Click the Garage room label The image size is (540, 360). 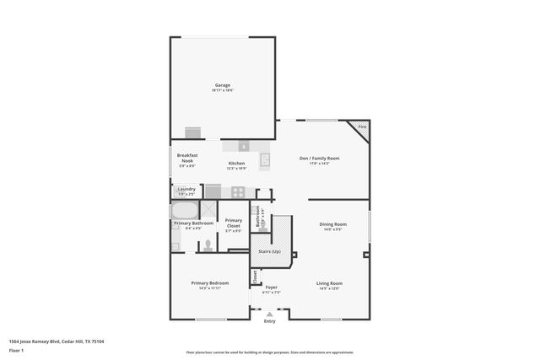click(x=223, y=85)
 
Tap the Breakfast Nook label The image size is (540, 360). click(x=186, y=158)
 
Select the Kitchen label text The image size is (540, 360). click(x=237, y=163)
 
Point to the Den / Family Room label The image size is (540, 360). click(x=319, y=158)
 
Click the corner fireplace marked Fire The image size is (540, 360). click(x=362, y=127)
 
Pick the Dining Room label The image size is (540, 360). click(x=333, y=224)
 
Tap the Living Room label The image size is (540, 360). click(x=328, y=283)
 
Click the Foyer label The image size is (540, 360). click(x=272, y=287)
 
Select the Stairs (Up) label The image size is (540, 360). click(x=271, y=251)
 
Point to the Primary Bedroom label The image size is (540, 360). click(x=209, y=283)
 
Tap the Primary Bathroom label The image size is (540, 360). click(x=192, y=223)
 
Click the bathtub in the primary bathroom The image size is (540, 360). click(x=184, y=210)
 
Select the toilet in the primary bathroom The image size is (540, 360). click(x=207, y=245)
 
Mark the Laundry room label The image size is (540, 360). click(x=186, y=189)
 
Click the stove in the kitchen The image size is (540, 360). click(x=238, y=191)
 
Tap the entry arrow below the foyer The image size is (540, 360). click(x=270, y=314)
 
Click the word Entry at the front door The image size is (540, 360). click(x=270, y=321)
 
